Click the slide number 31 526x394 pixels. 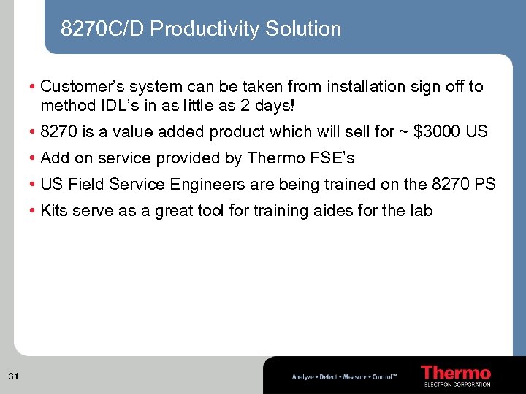pyautogui.click(x=14, y=376)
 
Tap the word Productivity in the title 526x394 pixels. pyautogui.click(x=205, y=29)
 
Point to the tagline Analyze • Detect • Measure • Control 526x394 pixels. pyautogui.click(x=344, y=377)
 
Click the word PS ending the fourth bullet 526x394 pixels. pyautogui.click(x=485, y=185)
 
